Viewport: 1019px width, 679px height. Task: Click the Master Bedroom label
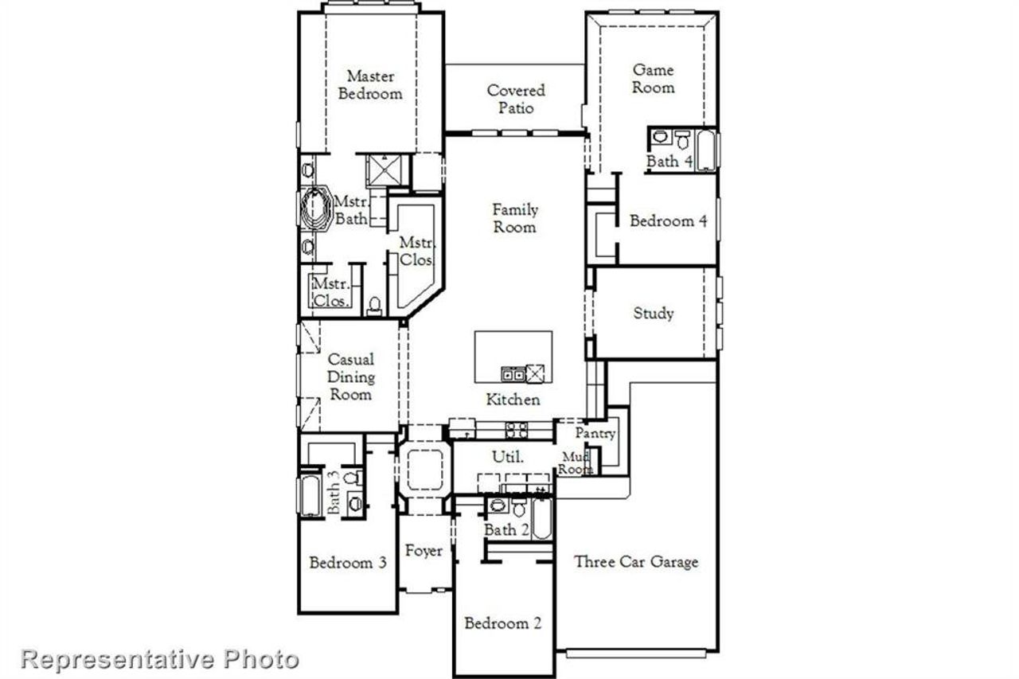370,84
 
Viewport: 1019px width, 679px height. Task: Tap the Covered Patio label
516,100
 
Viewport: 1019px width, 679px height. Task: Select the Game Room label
653,79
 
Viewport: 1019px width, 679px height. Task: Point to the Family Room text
514,218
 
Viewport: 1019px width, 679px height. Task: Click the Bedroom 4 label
668,221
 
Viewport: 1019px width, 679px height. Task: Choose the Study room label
653,313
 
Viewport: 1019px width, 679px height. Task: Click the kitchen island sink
513,373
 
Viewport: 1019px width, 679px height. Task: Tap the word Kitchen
513,400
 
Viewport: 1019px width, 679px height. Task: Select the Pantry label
595,434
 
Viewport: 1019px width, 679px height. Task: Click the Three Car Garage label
636,562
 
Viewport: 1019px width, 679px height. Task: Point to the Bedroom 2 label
503,623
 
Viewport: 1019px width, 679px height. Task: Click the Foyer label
424,551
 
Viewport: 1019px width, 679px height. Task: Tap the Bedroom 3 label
348,563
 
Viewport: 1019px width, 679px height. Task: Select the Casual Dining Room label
350,377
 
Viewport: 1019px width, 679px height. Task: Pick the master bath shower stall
387,170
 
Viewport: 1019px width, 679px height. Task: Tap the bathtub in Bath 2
541,520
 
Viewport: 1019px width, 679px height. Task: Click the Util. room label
509,457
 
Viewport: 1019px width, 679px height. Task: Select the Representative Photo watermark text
160,659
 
